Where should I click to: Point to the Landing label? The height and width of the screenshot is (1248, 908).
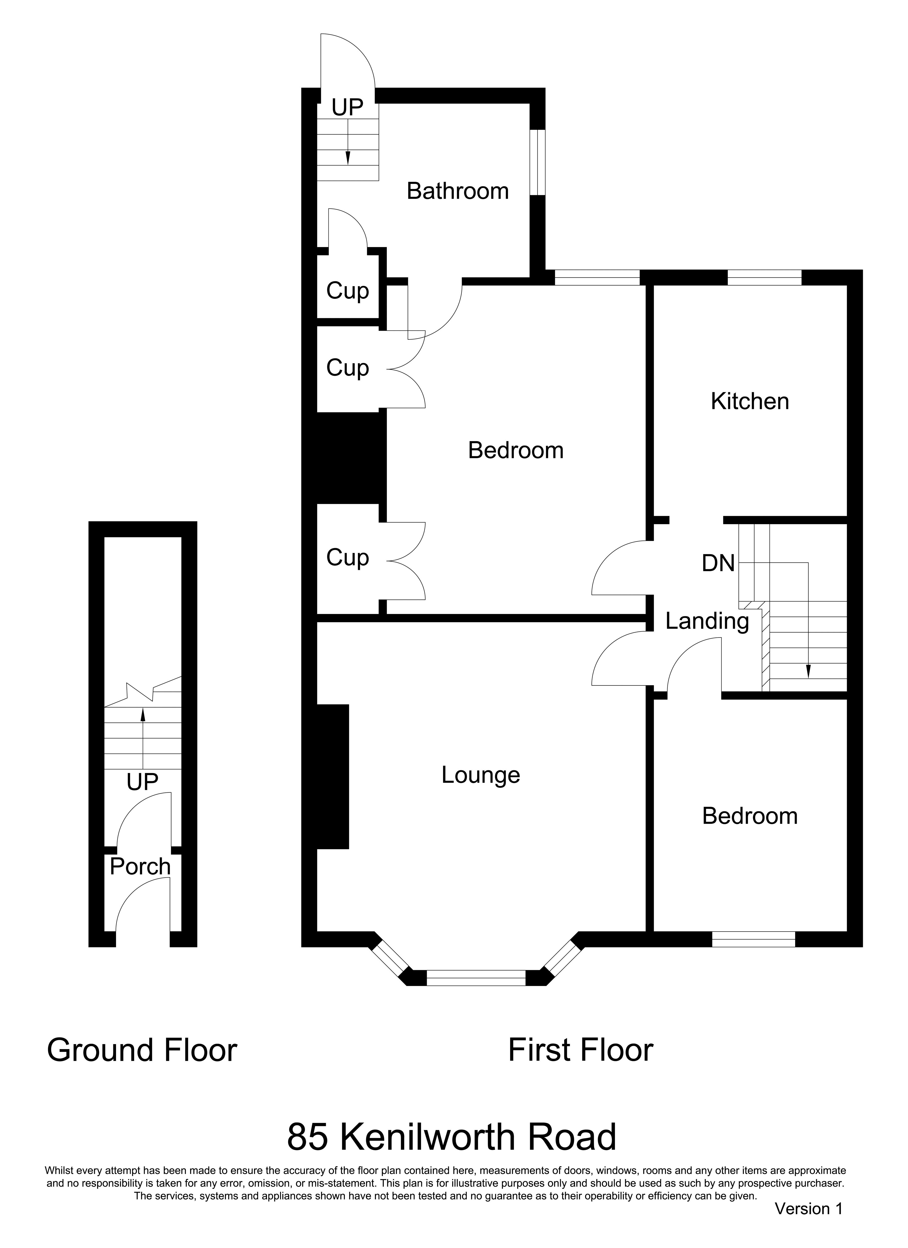pyautogui.click(x=707, y=622)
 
